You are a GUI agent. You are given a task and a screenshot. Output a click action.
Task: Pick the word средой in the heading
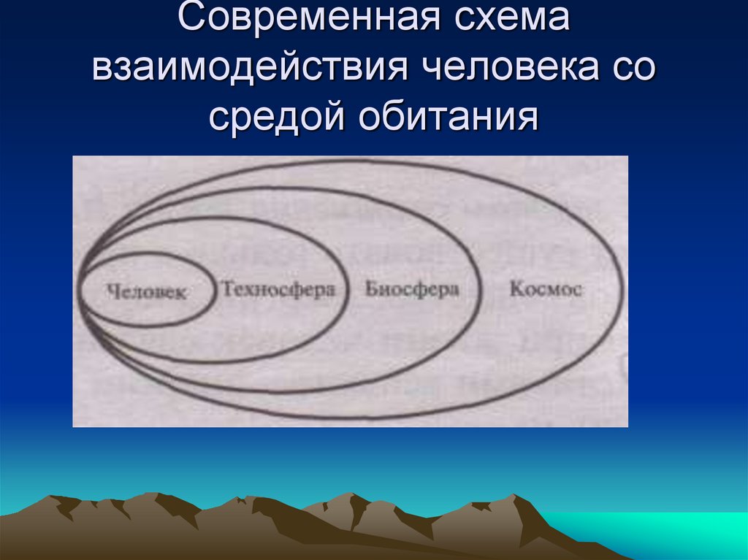click(x=278, y=117)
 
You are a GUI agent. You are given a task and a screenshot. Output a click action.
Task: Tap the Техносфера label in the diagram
click(x=278, y=289)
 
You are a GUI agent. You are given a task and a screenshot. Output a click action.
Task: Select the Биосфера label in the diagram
click(x=412, y=289)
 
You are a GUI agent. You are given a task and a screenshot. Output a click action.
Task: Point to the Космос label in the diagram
click(x=546, y=289)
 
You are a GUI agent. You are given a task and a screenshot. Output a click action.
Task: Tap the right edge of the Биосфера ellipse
click(x=480, y=290)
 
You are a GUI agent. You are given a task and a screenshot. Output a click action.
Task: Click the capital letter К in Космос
click(x=515, y=289)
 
